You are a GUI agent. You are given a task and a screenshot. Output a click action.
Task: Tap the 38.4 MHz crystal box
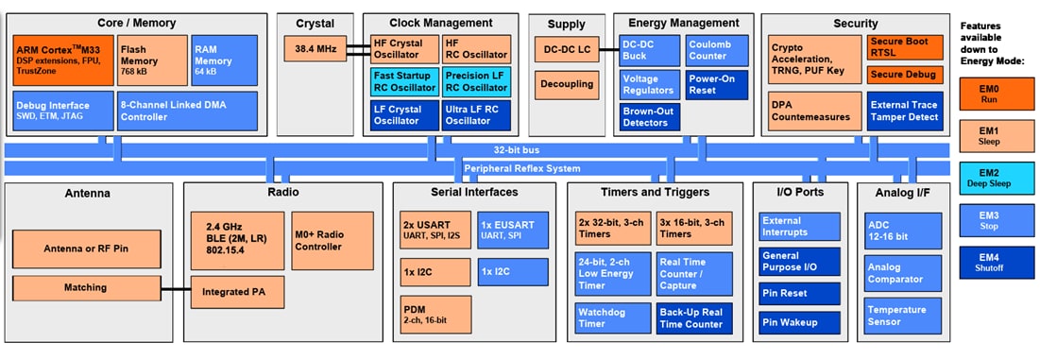coord(315,48)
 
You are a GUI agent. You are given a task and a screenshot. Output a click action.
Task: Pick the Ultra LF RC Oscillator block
coord(476,114)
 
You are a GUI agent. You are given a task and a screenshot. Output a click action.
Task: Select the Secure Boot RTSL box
coord(904,47)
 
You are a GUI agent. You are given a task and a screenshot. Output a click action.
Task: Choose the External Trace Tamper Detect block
coord(904,111)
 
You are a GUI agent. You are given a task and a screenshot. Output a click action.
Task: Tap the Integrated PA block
coord(232,292)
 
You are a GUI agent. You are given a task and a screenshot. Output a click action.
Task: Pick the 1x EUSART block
coord(511,229)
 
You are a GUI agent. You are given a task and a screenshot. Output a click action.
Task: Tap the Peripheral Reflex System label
coord(520,168)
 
